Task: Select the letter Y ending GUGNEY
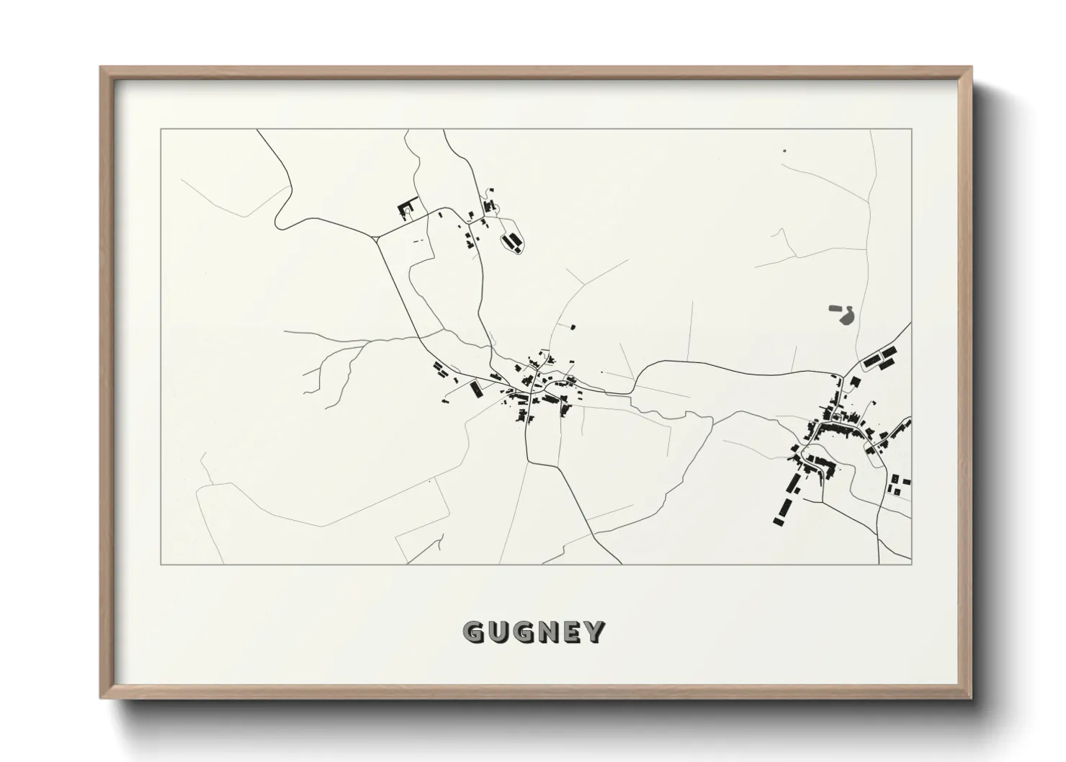[595, 632]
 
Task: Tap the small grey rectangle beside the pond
[835, 308]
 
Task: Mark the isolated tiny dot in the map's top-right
[784, 151]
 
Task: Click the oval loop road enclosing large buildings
[513, 242]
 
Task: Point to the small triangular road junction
[377, 236]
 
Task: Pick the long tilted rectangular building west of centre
[475, 390]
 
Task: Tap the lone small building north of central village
[573, 327]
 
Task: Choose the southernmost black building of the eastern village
[778, 520]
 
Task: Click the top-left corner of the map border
[161, 130]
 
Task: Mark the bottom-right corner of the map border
[912, 564]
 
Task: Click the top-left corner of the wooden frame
[100, 67]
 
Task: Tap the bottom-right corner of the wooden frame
[972, 699]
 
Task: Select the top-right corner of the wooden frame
[972, 67]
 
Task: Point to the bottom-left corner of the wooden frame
[100, 699]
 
